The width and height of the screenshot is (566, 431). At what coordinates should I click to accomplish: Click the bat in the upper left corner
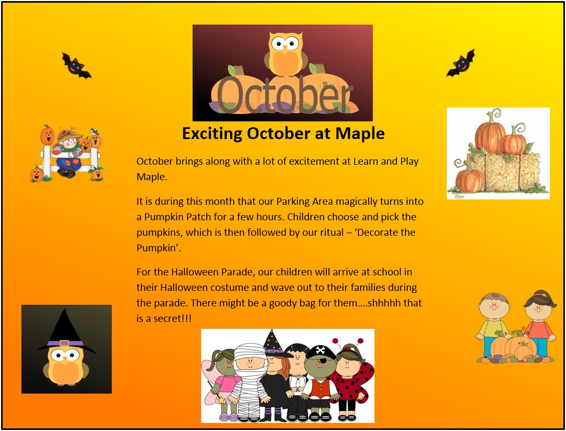click(x=76, y=66)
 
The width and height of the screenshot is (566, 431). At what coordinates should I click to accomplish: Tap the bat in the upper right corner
click(x=461, y=63)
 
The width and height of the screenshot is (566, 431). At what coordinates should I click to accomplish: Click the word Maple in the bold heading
click(x=360, y=134)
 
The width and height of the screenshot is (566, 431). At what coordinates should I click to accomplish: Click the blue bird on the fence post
click(x=95, y=132)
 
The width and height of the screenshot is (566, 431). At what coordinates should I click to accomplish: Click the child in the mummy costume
click(x=250, y=382)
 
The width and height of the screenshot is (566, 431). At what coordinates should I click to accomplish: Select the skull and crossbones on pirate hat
click(x=320, y=350)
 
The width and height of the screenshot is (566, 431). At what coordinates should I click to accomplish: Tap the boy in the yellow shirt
click(x=492, y=325)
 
